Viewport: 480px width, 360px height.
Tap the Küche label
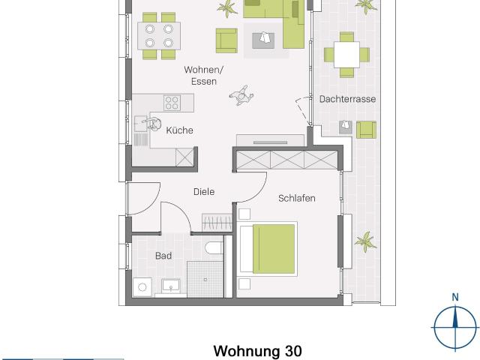point(179,130)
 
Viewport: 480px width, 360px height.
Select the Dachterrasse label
point(347,99)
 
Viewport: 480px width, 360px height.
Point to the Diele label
point(204,192)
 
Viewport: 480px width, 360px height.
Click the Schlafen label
point(296,198)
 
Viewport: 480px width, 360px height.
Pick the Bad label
point(163,256)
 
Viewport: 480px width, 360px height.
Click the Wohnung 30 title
point(259,351)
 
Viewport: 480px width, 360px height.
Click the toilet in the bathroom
point(214,249)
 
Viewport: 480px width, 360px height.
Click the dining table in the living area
point(159,35)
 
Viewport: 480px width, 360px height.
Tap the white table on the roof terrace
point(346,54)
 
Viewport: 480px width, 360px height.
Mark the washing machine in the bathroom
point(142,286)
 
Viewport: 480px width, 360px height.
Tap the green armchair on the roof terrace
point(366,129)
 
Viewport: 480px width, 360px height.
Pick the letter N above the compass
point(455,298)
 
